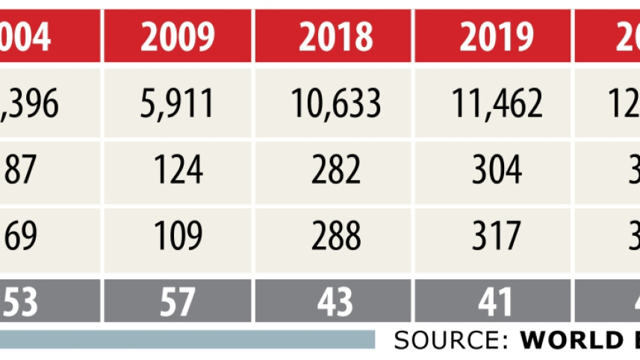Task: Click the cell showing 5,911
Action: click(177, 105)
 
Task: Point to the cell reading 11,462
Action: click(496, 105)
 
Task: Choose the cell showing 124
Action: click(177, 171)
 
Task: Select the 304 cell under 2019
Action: click(496, 171)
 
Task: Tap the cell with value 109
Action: click(177, 237)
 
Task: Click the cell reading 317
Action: click(496, 237)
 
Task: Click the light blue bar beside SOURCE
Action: click(187, 340)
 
